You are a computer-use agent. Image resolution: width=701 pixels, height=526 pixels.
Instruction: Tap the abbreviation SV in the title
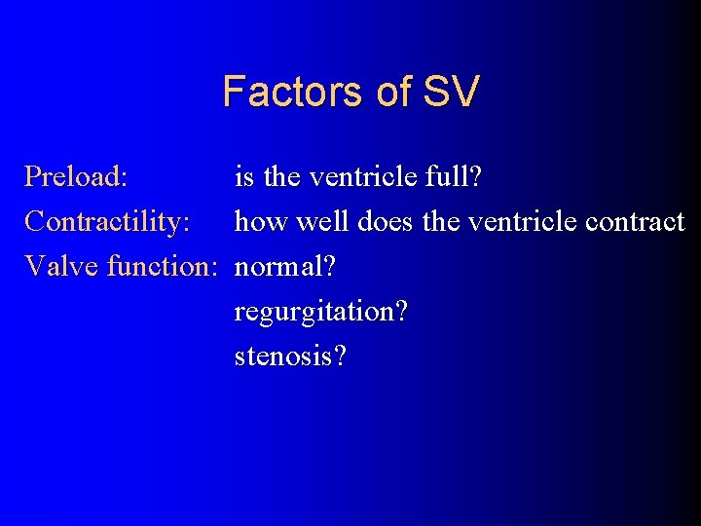[452, 92]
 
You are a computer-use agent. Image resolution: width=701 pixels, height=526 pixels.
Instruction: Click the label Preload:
[76, 177]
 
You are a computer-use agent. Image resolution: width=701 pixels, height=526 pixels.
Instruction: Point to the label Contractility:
[107, 222]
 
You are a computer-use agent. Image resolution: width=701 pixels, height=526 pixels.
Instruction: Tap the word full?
[458, 177]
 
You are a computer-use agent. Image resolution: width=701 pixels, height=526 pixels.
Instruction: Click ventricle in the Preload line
[364, 177]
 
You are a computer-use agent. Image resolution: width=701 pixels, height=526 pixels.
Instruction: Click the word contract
[637, 222]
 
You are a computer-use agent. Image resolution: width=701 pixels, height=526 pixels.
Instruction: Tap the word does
[386, 222]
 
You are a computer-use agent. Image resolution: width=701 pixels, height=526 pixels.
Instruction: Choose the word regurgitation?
[321, 313]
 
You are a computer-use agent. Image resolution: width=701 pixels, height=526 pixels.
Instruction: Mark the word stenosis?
[290, 357]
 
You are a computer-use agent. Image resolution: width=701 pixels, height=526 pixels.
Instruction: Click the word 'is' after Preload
[244, 177]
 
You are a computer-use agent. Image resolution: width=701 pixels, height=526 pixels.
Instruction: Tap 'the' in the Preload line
[282, 177]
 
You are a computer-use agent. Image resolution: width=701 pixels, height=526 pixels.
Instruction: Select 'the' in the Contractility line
[442, 222]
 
